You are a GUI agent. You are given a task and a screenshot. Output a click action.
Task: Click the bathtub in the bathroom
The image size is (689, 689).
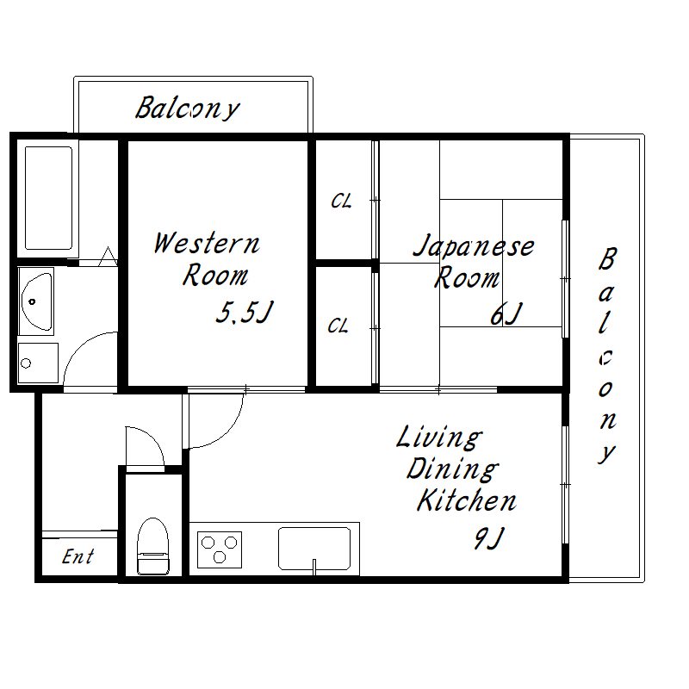tap(48, 198)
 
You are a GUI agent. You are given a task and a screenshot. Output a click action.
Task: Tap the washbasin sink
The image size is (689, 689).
tap(36, 301)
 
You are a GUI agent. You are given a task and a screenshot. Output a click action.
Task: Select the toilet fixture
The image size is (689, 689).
tap(153, 546)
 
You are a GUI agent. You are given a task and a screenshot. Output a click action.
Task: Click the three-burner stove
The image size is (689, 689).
tap(220, 549)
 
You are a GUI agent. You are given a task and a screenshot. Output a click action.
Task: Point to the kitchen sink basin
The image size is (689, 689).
tap(314, 549)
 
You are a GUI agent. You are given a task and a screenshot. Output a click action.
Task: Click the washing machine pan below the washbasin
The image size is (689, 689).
tap(38, 363)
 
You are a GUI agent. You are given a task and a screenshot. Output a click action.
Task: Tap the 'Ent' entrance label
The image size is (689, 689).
tap(78, 556)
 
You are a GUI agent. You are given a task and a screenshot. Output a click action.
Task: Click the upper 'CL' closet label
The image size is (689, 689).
tap(341, 202)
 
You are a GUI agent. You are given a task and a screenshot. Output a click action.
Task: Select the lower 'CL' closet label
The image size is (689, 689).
tap(338, 326)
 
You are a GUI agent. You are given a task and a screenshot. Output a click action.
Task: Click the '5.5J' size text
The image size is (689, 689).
tap(245, 312)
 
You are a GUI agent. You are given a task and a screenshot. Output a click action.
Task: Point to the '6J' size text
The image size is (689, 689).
tap(506, 313)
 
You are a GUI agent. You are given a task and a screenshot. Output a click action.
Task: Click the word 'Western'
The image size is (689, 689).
tap(207, 243)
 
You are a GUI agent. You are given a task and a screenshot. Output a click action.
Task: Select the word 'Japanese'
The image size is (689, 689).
tap(474, 246)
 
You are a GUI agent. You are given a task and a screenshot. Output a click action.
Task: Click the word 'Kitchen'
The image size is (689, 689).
tap(466, 500)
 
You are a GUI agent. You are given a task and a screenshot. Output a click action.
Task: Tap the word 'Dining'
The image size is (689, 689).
tap(452, 469)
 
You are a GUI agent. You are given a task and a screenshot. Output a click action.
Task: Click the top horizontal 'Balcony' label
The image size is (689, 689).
tap(188, 109)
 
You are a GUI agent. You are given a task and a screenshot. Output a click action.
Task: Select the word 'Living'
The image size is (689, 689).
tap(439, 438)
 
